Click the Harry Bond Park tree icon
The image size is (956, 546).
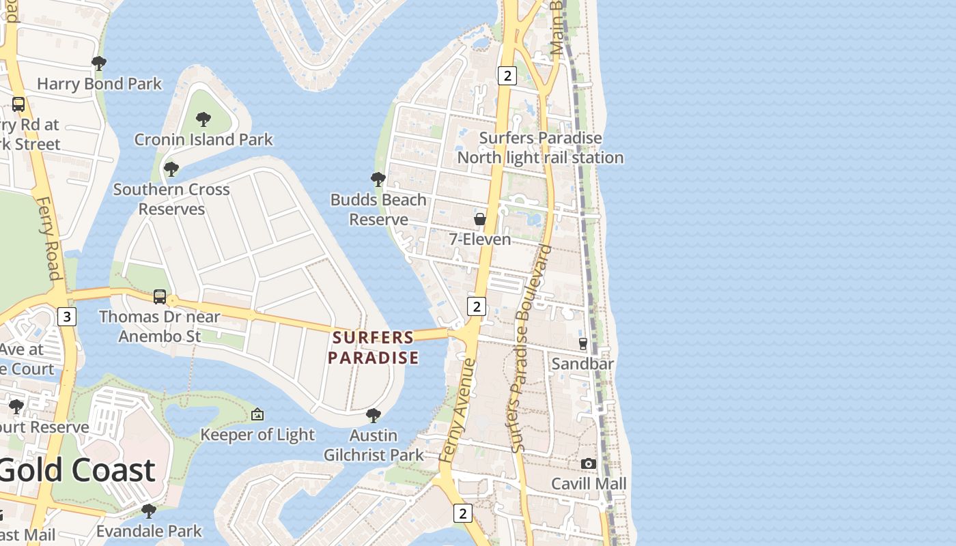point(99,64)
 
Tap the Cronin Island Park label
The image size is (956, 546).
point(203,139)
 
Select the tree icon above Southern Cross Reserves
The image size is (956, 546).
point(171,169)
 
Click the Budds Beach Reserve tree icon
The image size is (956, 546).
point(378,179)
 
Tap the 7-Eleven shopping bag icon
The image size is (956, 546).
point(480,219)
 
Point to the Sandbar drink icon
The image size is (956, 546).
point(582,343)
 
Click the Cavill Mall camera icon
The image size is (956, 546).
point(588,464)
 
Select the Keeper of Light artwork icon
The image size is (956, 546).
point(257,414)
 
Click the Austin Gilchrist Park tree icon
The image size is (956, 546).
point(373,415)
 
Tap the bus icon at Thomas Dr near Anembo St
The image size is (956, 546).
point(160,297)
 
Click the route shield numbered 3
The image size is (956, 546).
point(66,317)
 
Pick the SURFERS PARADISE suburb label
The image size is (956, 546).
point(373,347)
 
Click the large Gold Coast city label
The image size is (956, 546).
point(77,471)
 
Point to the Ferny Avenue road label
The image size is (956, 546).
point(458,410)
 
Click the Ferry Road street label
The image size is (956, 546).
point(48,239)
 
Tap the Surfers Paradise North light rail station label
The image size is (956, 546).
point(540,147)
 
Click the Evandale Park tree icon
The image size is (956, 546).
point(148,511)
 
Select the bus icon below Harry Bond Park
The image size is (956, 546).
point(18,104)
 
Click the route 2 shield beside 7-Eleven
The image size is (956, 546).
point(477,306)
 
